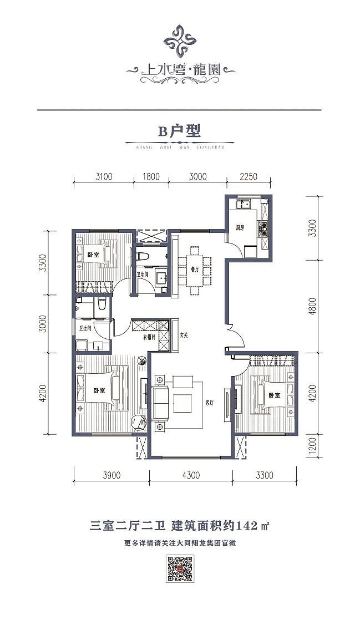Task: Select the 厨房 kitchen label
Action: pyautogui.click(x=240, y=227)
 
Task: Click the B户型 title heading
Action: pyautogui.click(x=179, y=131)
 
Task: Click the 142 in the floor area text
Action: pyautogui.click(x=246, y=525)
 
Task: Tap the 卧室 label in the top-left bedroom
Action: pyautogui.click(x=93, y=255)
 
